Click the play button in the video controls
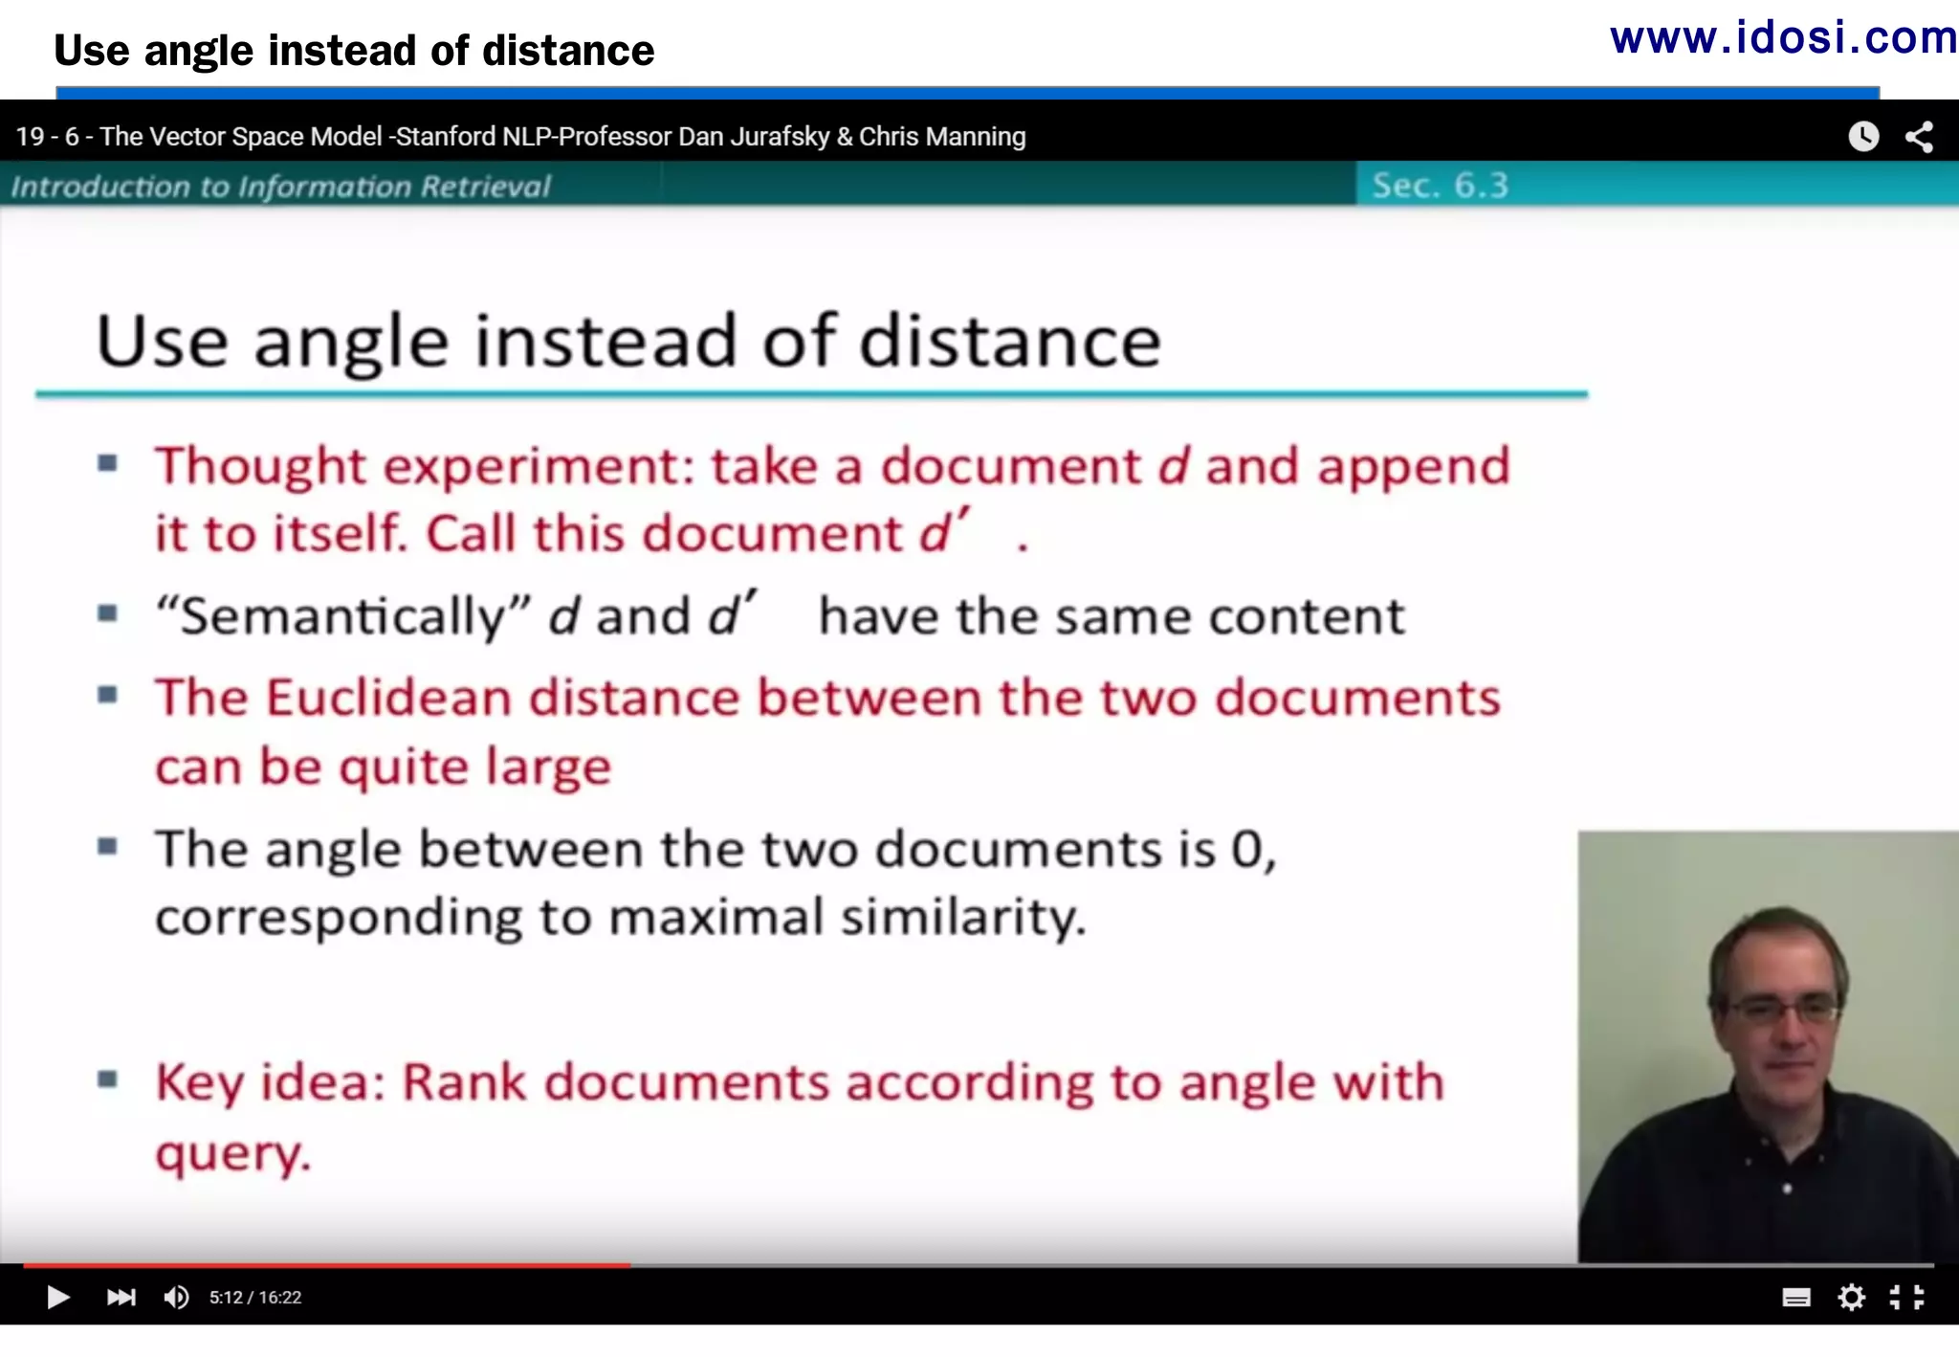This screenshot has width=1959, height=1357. (57, 1297)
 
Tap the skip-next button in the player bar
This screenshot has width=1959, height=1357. (121, 1297)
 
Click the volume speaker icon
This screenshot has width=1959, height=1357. (176, 1297)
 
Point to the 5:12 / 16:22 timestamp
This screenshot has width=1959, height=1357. (255, 1298)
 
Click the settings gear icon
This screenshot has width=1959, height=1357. (1851, 1297)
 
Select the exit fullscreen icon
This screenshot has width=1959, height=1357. (1906, 1297)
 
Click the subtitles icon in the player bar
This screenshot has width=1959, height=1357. (1795, 1298)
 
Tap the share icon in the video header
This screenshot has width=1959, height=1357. (1919, 137)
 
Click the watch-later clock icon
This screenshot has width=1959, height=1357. (1862, 137)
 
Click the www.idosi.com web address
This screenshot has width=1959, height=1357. (1782, 38)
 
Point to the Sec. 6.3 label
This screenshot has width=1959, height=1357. (1440, 185)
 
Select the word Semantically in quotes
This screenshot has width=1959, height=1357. (343, 615)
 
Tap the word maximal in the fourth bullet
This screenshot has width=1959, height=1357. (715, 917)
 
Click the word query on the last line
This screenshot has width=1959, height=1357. (232, 1153)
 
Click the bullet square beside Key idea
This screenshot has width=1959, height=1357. (108, 1080)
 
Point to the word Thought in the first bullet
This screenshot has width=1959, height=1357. (260, 467)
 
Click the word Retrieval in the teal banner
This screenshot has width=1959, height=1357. (485, 186)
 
